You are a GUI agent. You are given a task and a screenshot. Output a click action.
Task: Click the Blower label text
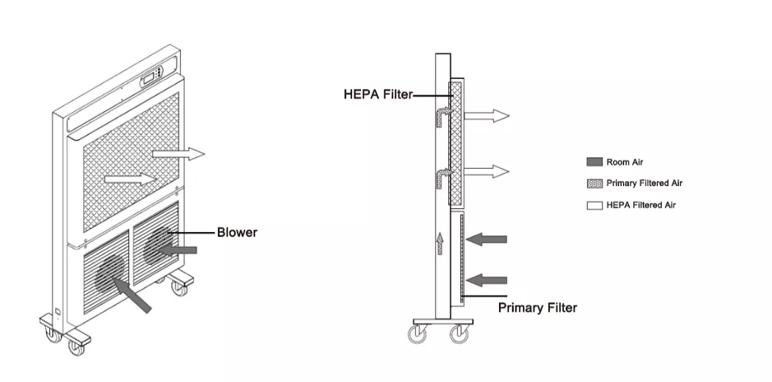click(237, 233)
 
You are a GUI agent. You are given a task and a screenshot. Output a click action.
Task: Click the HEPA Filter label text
click(378, 95)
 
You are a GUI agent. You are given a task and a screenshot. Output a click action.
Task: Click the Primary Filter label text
click(538, 308)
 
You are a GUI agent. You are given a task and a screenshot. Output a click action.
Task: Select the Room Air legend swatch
click(594, 162)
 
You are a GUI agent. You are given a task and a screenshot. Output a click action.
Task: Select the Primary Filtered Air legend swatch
click(594, 184)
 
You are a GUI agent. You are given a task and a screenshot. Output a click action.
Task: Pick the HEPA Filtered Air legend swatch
click(594, 205)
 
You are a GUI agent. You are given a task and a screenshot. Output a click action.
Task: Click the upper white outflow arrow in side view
click(487, 116)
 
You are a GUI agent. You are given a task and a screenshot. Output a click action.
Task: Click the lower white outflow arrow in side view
click(487, 171)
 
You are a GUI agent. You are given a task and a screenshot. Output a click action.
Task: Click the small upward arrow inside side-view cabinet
click(441, 242)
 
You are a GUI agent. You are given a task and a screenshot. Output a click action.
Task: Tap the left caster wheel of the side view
click(417, 333)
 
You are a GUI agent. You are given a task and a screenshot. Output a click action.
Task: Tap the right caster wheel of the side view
click(458, 333)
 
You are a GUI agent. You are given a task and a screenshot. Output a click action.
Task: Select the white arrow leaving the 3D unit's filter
click(178, 154)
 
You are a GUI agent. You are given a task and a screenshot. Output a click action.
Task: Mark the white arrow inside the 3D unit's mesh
click(130, 177)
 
